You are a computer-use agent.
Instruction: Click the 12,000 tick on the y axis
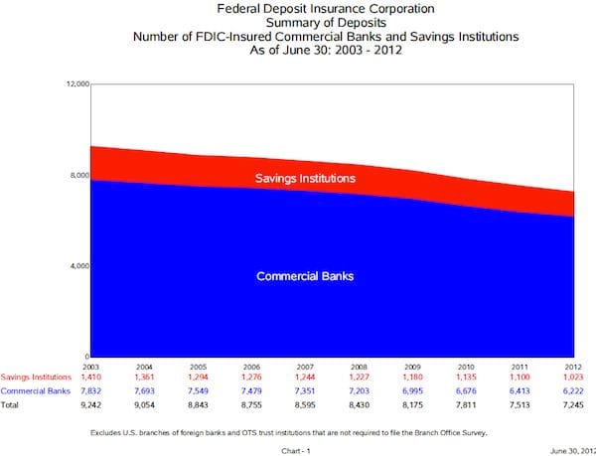coord(74,83)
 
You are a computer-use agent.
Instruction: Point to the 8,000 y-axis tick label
coord(76,175)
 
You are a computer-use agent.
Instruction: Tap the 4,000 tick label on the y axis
coord(76,266)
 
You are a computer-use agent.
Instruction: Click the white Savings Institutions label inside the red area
coord(305,179)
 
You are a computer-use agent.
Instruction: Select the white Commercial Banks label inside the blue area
coord(305,275)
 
